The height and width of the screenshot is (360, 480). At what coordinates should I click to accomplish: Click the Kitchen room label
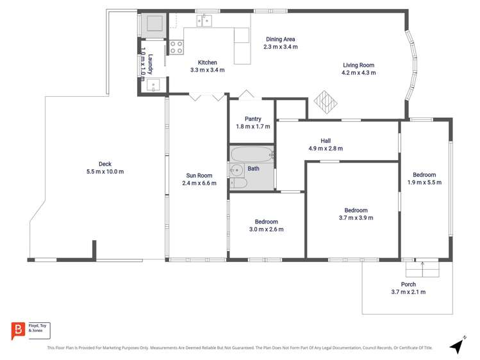pyautogui.click(x=207, y=62)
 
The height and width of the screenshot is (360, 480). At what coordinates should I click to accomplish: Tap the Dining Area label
pyautogui.click(x=281, y=39)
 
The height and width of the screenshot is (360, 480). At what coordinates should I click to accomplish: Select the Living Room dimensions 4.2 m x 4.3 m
pyautogui.click(x=358, y=73)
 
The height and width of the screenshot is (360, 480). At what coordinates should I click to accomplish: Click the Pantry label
pyautogui.click(x=252, y=119)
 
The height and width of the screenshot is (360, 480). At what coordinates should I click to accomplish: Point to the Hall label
pyautogui.click(x=326, y=140)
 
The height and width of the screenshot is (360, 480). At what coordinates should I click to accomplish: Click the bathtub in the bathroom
pyautogui.click(x=252, y=154)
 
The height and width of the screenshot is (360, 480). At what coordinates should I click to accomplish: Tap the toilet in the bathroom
pyautogui.click(x=238, y=184)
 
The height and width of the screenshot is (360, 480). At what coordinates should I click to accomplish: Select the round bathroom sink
pyautogui.click(x=236, y=170)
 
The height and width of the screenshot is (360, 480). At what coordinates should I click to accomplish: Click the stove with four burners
pyautogui.click(x=176, y=47)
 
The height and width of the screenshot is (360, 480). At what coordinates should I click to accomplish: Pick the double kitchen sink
pyautogui.click(x=204, y=20)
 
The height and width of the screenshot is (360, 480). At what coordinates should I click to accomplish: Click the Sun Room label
pyautogui.click(x=199, y=175)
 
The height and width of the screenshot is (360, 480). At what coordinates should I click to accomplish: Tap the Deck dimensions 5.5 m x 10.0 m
pyautogui.click(x=105, y=171)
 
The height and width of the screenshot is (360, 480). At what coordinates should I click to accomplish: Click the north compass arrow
pyautogui.click(x=457, y=345)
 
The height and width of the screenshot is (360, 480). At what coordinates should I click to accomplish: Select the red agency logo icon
pyautogui.click(x=18, y=329)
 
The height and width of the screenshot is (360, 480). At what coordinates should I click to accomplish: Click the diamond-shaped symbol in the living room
pyautogui.click(x=326, y=103)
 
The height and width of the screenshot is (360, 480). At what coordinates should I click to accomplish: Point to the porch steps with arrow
pyautogui.click(x=422, y=268)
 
